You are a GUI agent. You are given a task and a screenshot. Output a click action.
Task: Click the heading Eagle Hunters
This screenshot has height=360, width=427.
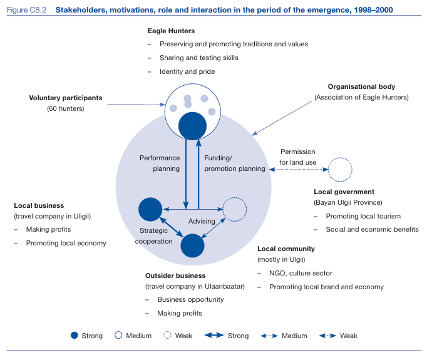171,31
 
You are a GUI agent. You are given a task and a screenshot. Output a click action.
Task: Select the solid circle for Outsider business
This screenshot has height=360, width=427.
192,245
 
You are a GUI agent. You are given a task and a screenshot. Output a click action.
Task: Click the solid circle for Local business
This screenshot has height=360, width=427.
150,209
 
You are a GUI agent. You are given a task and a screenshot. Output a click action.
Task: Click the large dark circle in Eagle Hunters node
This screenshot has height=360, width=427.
192,126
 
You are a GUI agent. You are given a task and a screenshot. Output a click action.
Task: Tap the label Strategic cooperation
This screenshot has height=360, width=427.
154,236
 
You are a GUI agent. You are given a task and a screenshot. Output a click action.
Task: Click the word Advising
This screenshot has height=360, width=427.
202,221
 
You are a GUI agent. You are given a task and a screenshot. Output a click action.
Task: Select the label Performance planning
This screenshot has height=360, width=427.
160,163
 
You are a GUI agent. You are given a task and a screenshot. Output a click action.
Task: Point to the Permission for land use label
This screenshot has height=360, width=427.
298,157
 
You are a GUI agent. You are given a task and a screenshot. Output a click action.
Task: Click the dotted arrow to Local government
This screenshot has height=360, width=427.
299,170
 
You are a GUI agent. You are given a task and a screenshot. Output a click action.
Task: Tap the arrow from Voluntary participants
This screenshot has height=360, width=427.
136,105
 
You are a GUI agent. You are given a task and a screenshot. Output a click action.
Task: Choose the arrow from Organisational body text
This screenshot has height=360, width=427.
282,118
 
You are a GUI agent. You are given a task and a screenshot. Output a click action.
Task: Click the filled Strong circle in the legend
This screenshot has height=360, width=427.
75,335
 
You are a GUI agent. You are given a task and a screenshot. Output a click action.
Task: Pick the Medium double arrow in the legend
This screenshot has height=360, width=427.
269,336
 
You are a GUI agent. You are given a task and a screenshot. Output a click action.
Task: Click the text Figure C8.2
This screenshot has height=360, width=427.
26,10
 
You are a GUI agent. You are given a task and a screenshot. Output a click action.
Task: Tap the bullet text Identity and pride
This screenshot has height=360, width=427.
187,71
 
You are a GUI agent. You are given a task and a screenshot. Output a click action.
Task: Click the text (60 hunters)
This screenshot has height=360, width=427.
66,109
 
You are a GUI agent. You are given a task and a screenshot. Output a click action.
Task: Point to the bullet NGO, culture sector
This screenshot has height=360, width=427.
301,273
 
